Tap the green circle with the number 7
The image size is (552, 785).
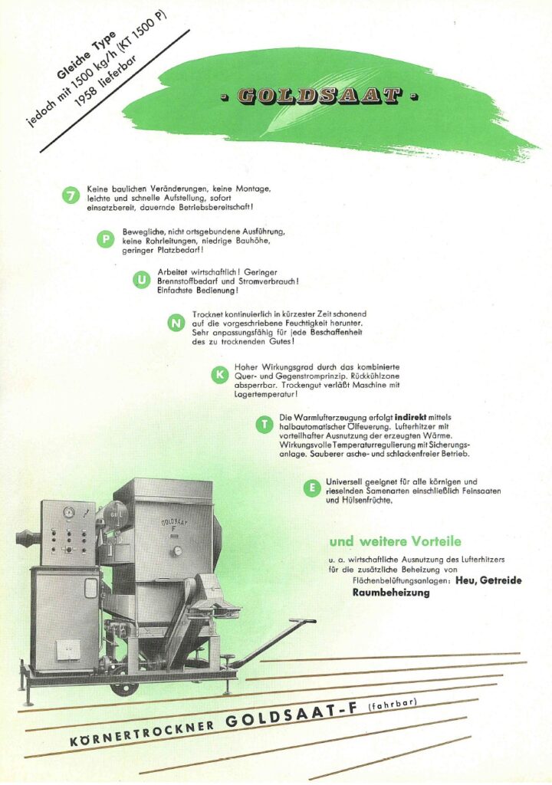[x=71, y=197]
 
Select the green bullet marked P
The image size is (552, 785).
[x=104, y=240]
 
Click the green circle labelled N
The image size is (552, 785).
[x=176, y=324]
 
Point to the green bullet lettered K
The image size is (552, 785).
[x=219, y=375]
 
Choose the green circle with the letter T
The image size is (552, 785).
[x=264, y=425]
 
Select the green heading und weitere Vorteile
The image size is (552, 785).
[x=395, y=541]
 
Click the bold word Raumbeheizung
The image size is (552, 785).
[x=391, y=593]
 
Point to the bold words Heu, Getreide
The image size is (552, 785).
[x=488, y=581]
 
